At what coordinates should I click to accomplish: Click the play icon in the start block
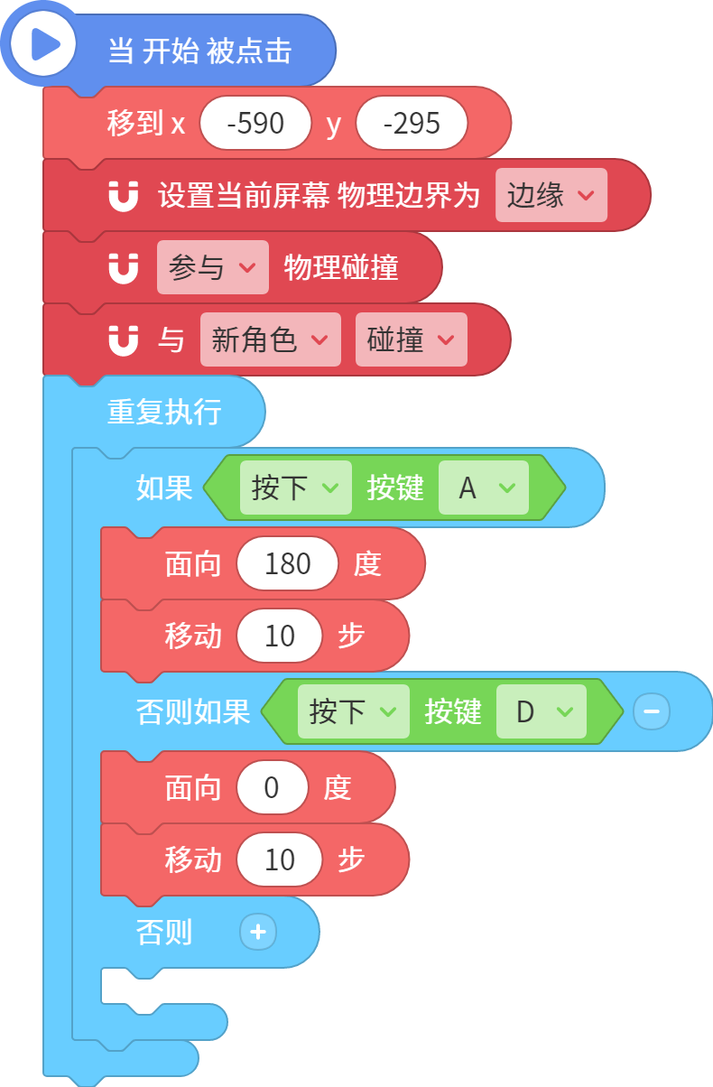[43, 44]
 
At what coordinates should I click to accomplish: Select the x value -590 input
[255, 123]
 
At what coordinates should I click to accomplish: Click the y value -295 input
[412, 123]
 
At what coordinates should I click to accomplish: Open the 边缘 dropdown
[551, 195]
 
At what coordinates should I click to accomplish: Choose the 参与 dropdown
[213, 267]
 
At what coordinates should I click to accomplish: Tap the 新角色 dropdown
[271, 339]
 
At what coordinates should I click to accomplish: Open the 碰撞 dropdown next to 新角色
[412, 339]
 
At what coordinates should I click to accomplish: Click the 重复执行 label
[164, 412]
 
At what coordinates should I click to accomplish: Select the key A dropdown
[484, 488]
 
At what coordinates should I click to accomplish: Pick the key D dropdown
[542, 711]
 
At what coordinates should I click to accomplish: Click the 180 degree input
[287, 563]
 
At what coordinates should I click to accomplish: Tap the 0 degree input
[272, 787]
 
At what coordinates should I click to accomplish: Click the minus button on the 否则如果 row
[652, 711]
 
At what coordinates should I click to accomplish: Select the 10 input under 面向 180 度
[280, 636]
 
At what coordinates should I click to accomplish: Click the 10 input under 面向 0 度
[280, 859]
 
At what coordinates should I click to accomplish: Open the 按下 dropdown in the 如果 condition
[296, 488]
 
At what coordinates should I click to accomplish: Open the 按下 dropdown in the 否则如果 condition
[354, 711]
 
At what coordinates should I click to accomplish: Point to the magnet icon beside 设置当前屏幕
[124, 196]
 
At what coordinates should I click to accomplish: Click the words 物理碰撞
[341, 267]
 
